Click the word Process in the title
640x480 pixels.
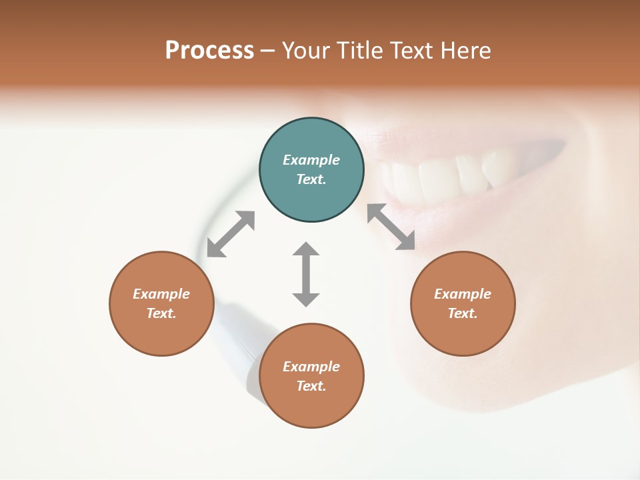[x=209, y=51]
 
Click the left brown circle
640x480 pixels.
[x=161, y=303]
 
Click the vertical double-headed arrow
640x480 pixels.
[x=306, y=274]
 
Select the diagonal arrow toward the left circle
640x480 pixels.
[x=231, y=234]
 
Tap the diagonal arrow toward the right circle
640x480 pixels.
[x=391, y=227]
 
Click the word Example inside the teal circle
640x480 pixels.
[x=311, y=160]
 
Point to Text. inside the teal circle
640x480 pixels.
[x=311, y=179]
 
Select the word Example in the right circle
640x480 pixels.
[x=463, y=294]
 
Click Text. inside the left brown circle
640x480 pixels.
[x=161, y=313]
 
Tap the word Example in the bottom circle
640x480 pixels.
[x=311, y=367]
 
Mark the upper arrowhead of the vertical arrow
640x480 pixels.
[x=306, y=249]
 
